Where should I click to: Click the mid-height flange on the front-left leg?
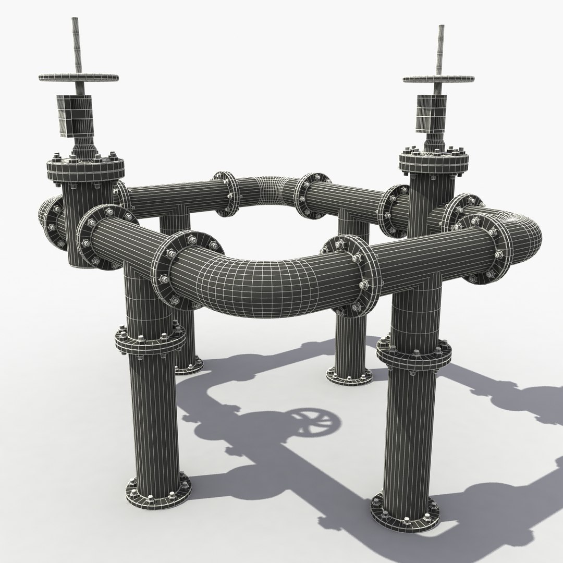pos(150,341)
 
